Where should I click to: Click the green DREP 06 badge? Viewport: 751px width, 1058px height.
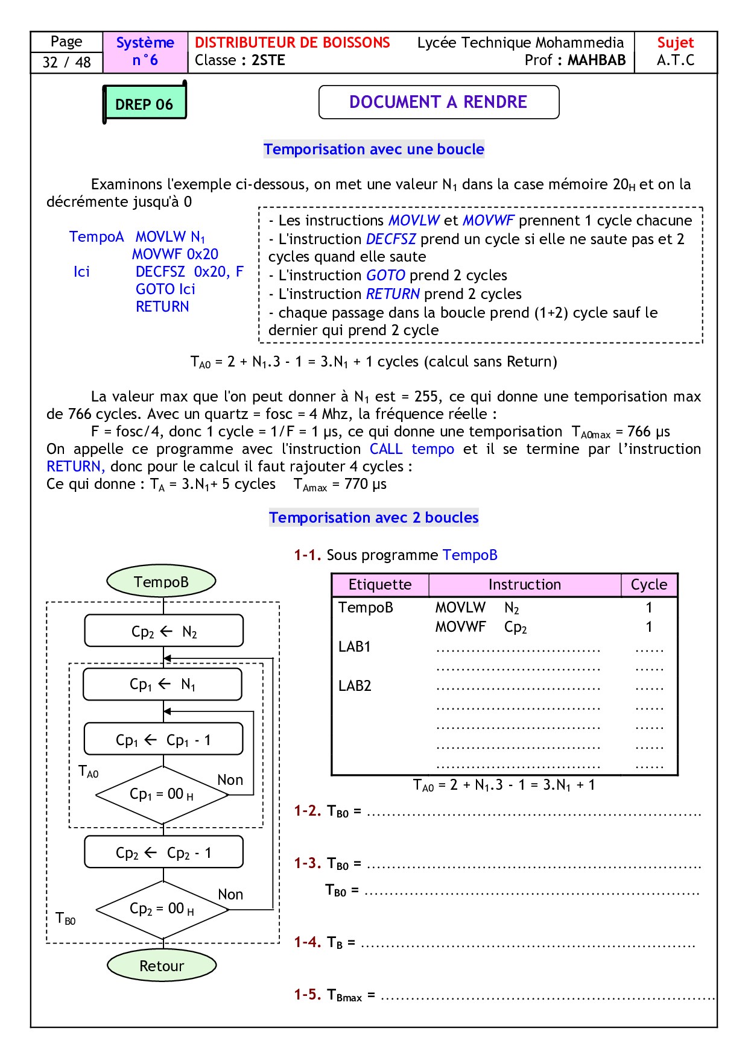(144, 104)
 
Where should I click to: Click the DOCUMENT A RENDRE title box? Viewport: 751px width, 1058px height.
(438, 102)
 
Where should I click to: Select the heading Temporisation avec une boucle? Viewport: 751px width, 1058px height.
(373, 149)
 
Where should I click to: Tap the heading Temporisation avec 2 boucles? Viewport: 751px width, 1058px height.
(373, 517)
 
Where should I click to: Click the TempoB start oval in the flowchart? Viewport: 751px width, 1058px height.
(161, 581)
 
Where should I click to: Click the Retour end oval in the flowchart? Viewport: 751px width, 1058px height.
(162, 965)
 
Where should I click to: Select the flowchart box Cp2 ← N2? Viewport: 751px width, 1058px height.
(163, 631)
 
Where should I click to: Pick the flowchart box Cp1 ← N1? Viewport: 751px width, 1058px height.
(162, 684)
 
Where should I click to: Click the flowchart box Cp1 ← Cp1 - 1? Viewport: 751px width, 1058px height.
(163, 739)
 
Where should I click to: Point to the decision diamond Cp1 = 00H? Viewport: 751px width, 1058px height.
(162, 795)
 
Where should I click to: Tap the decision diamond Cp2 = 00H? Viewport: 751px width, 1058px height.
(162, 909)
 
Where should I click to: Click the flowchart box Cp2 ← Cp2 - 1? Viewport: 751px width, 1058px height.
(163, 852)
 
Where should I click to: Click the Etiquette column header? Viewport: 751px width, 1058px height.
(380, 585)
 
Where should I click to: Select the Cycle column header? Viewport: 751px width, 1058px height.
(649, 585)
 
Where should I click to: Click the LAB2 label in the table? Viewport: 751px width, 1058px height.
(355, 685)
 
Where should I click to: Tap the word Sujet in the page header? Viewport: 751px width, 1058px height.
(675, 43)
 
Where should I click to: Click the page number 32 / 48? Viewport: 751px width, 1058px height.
(66, 62)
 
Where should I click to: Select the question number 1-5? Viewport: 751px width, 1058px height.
(307, 994)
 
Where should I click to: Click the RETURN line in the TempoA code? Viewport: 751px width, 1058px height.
(162, 307)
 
